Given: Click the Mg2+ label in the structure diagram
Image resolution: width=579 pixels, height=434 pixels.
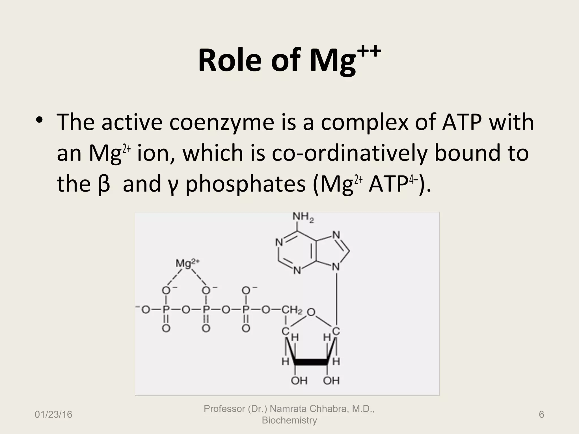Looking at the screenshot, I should [187, 263].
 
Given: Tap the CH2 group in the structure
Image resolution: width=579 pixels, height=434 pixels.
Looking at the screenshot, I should [292, 310].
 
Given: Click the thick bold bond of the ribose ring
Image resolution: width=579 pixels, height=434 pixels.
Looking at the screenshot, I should [311, 362].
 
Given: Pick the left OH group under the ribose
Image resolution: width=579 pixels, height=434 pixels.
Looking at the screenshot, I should [299, 381].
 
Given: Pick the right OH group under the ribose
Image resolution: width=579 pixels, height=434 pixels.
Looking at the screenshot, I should [331, 381].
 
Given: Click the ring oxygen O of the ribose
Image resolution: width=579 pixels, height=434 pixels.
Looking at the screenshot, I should [311, 313].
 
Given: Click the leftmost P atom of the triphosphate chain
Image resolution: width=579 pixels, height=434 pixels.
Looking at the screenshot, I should [166, 310].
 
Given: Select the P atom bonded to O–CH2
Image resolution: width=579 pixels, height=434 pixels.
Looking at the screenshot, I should [246, 310].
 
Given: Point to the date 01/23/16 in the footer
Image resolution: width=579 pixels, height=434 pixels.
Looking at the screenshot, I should [53, 415].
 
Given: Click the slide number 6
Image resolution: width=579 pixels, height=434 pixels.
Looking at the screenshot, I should [541, 415].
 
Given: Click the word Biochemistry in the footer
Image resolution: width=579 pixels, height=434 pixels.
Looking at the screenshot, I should [289, 420].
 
